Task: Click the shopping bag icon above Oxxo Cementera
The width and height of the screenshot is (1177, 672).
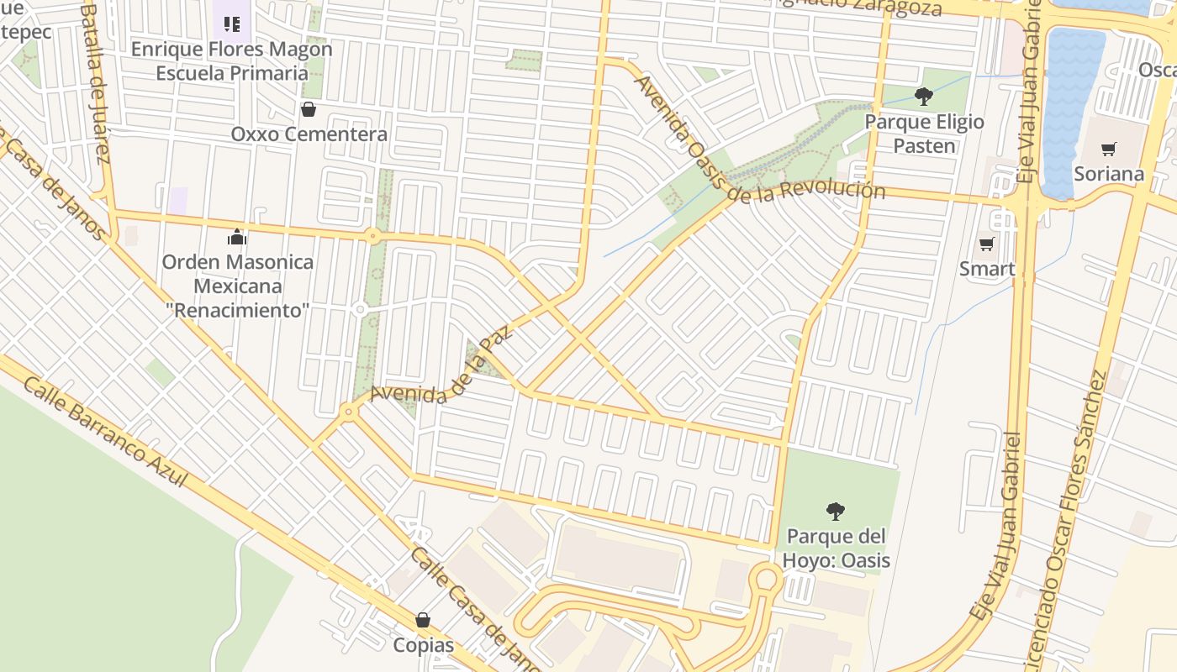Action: click(309, 109)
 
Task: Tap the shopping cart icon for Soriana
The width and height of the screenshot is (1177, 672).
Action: click(1109, 150)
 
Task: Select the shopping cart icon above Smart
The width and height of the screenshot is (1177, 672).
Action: click(986, 244)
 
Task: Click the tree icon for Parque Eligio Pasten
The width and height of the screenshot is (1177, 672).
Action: click(924, 97)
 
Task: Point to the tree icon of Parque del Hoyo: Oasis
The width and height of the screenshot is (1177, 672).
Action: click(835, 511)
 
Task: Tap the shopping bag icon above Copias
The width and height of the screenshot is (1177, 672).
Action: click(423, 620)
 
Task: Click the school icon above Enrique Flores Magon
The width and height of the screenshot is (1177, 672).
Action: click(232, 24)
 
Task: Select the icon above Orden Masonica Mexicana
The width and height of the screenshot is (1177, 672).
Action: click(237, 238)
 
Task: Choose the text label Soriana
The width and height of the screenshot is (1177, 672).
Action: click(1109, 174)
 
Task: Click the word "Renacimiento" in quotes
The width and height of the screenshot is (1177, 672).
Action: click(238, 310)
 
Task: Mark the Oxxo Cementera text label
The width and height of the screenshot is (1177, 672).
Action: click(309, 134)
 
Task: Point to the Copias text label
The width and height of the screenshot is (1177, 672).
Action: click(423, 645)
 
